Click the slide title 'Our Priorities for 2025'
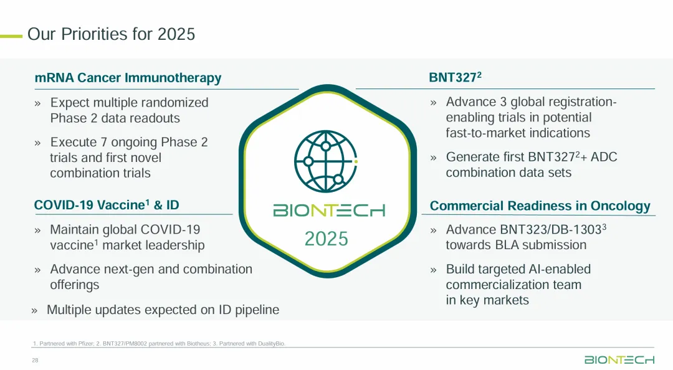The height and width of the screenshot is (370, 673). click(x=111, y=34)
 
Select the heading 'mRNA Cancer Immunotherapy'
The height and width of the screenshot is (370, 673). click(x=128, y=78)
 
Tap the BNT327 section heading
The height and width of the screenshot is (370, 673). click(x=455, y=77)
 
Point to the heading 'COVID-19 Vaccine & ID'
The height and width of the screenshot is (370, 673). click(x=107, y=205)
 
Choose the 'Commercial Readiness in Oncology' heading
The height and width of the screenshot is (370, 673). click(x=540, y=206)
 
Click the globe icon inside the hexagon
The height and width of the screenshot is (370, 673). click(x=326, y=161)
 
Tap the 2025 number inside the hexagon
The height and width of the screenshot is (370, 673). click(x=326, y=239)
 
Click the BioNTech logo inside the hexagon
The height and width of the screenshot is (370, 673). click(x=329, y=211)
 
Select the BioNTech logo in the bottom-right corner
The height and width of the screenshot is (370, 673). click(x=619, y=359)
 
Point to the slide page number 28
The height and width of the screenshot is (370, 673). click(x=35, y=361)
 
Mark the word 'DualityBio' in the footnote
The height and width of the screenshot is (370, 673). click(x=271, y=343)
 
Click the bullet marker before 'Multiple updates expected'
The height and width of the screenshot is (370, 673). click(x=34, y=311)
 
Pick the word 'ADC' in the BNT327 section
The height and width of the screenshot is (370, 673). click(x=604, y=157)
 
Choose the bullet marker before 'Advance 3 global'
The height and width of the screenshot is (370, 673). click(x=434, y=103)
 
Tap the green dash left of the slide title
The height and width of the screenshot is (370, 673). click(x=11, y=37)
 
